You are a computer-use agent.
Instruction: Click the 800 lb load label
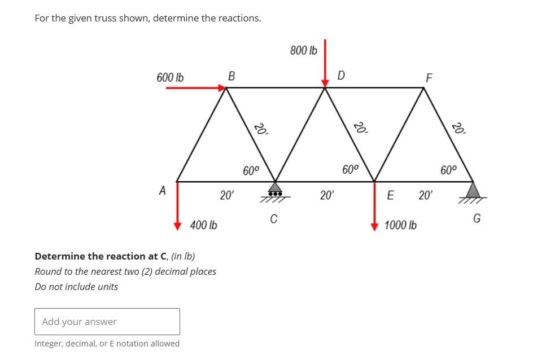click(x=304, y=51)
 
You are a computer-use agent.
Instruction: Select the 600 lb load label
click(x=170, y=77)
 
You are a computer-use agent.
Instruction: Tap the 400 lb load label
click(x=204, y=226)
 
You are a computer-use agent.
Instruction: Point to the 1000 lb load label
click(x=400, y=226)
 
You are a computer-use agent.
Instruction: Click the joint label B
click(x=230, y=76)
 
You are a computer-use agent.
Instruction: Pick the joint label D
click(x=341, y=75)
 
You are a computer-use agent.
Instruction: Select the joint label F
click(x=429, y=77)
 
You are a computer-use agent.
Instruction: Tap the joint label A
click(x=163, y=191)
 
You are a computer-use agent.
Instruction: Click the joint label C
click(x=274, y=218)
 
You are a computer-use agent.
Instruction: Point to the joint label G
click(x=477, y=218)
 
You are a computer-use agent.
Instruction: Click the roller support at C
click(x=274, y=190)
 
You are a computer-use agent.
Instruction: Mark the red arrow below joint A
click(x=178, y=207)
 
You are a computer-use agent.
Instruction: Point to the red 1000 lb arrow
click(x=374, y=207)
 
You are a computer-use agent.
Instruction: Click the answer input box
click(x=107, y=322)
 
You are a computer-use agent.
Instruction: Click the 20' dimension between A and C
click(x=227, y=196)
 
